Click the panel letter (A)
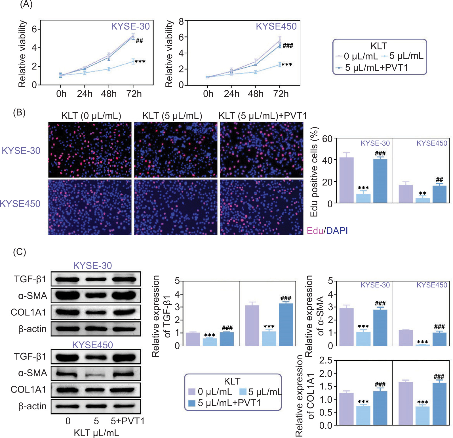26,5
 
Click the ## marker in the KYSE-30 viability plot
139,41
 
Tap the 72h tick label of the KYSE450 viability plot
281,94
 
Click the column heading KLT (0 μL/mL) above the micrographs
91,116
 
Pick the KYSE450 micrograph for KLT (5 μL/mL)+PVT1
262,207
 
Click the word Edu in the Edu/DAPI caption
315,231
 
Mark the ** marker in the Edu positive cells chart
422,194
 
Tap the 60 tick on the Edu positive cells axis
327,139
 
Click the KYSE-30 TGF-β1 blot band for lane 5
96,280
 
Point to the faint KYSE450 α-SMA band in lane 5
96,375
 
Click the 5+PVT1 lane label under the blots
127,421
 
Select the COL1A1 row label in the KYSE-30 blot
28,312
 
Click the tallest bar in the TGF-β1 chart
286,324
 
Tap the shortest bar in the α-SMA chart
422,345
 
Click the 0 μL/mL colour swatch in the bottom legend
192,392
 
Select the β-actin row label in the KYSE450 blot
32,406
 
